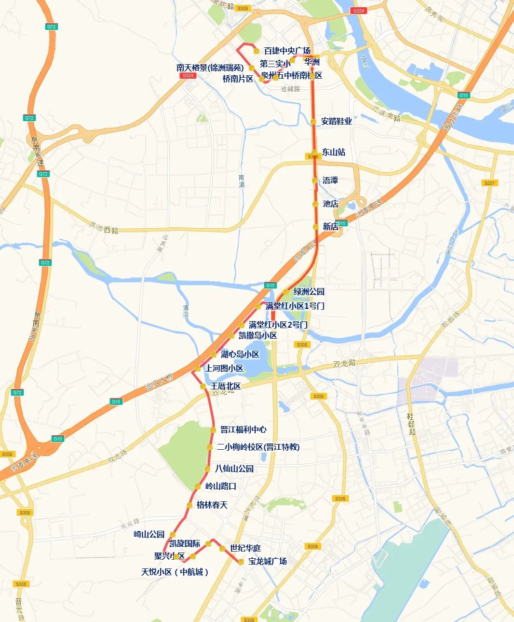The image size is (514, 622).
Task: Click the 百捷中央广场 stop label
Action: pyautogui.click(x=287, y=51)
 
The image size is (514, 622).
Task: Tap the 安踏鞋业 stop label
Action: pyautogui.click(x=337, y=121)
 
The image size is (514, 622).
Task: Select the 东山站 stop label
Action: pyautogui.click(x=334, y=152)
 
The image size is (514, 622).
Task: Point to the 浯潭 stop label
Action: pyautogui.click(x=330, y=180)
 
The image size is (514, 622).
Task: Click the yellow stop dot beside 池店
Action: pyautogui.click(x=314, y=204)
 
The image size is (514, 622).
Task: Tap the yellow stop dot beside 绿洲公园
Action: pyautogui.click(x=286, y=292)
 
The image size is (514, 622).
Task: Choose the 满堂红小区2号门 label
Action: pyautogui.click(x=278, y=325)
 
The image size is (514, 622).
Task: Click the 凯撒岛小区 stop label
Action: pyautogui.click(x=257, y=335)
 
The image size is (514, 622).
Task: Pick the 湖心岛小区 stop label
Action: pyautogui.click(x=240, y=354)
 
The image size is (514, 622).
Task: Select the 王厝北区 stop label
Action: pyautogui.click(x=226, y=386)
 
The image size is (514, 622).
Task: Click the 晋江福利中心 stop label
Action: pyautogui.click(x=243, y=429)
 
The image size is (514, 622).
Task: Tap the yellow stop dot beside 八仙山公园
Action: pyautogui.click(x=207, y=469)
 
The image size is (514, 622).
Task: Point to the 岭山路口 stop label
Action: pyautogui.click(x=221, y=486)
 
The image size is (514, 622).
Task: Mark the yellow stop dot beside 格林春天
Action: pyautogui.click(x=189, y=505)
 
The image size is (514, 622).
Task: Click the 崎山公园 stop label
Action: pyautogui.click(x=149, y=534)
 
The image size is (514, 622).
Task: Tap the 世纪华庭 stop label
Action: pyautogui.click(x=245, y=548)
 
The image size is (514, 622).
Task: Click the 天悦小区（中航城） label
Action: pyautogui.click(x=175, y=572)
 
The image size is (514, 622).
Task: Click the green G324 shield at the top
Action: pyautogui.click(x=358, y=11)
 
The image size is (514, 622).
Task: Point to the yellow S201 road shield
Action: pyautogui.click(x=490, y=183)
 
